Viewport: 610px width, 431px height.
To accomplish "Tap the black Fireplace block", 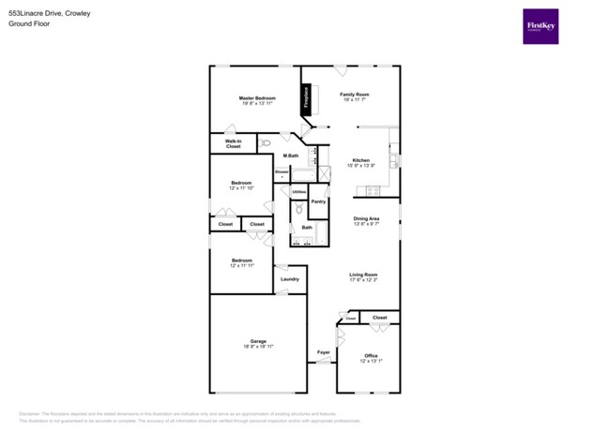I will pyautogui.click(x=305, y=98).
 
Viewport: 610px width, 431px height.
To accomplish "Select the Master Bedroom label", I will pyautogui.click(x=256, y=97).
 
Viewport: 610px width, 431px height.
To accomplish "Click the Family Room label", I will pyautogui.click(x=354, y=95).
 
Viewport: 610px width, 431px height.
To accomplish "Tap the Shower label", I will pyautogui.click(x=282, y=172).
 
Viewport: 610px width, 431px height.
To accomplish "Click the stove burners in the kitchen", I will pyautogui.click(x=372, y=191).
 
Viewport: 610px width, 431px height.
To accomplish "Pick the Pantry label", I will pyautogui.click(x=318, y=201).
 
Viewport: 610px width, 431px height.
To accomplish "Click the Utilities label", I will pyautogui.click(x=298, y=192).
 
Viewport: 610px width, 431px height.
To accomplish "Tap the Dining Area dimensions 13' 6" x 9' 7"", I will pyautogui.click(x=366, y=224).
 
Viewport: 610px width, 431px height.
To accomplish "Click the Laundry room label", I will pyautogui.click(x=289, y=278).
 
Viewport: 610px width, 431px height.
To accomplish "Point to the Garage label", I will pyautogui.click(x=258, y=340).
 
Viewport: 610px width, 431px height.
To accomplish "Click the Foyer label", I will pyautogui.click(x=323, y=352).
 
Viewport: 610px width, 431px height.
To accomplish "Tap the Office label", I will pyautogui.click(x=370, y=355).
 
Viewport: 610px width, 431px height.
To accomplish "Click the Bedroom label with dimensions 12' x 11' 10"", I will pyautogui.click(x=242, y=184).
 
